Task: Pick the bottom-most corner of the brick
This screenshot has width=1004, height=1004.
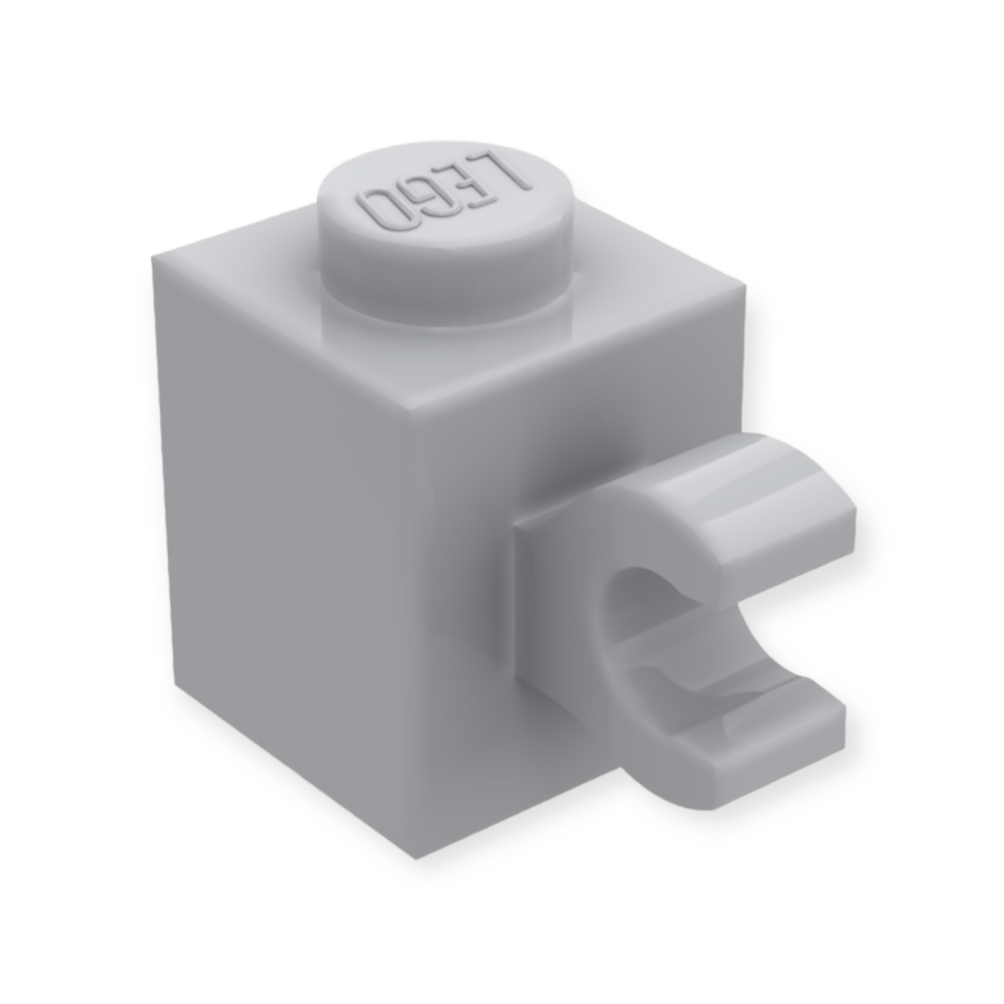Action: [x=415, y=859]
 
